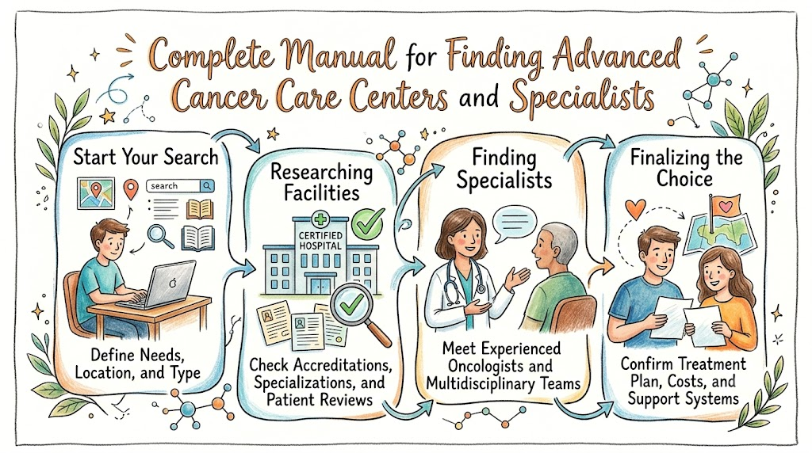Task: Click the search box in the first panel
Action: [180, 185]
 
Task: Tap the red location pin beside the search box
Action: [132, 189]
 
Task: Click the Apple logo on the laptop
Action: [173, 283]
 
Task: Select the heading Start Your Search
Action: [146, 157]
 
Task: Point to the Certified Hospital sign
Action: [320, 241]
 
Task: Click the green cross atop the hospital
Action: [321, 219]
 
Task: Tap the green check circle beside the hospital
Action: [368, 223]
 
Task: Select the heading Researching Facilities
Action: [322, 182]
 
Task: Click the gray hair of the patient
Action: [560, 240]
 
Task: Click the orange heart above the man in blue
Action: [635, 209]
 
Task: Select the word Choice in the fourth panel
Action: [684, 180]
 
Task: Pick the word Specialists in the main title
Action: [582, 97]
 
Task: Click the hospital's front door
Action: [320, 285]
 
